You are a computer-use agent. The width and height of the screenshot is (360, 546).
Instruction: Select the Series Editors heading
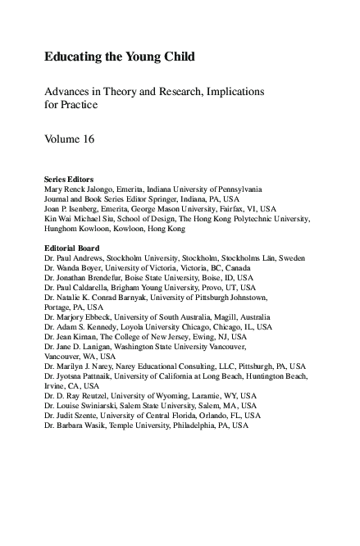click(68, 179)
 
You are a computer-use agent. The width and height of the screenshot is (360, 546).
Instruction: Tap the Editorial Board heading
click(71, 248)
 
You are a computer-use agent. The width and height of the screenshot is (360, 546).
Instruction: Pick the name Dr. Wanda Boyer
click(74, 268)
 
